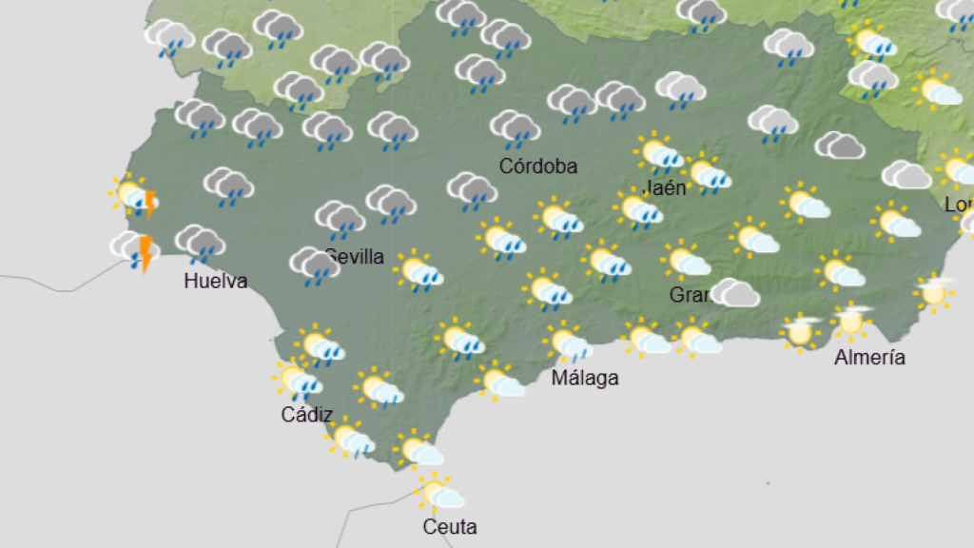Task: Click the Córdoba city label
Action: pos(538,166)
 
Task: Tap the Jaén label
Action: pos(665,187)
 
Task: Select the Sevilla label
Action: pos(355,256)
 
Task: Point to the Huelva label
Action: pos(216,281)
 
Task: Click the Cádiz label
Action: pos(307,414)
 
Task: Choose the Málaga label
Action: pos(585,378)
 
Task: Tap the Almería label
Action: pos(869,358)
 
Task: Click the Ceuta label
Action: pos(450,526)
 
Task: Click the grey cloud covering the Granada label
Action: pos(734,292)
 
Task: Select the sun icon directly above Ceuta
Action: pos(441,494)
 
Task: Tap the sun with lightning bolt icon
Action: pos(134,198)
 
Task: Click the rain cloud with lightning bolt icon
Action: pos(136,249)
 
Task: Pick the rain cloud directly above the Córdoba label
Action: pos(515,128)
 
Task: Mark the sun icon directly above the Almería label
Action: pos(851,322)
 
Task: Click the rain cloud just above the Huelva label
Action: pos(199,245)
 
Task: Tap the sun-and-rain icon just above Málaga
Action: pos(569,342)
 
